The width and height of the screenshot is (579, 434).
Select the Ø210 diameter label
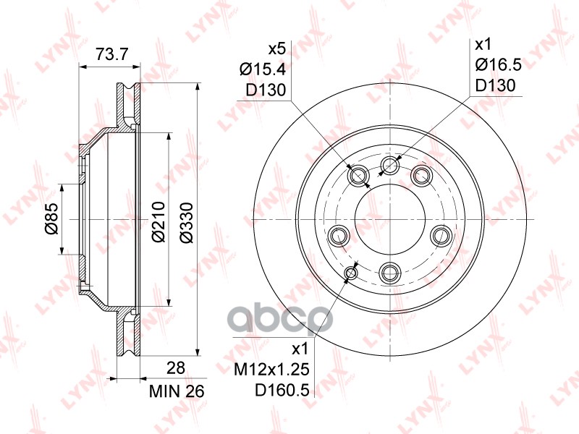(x=156, y=220)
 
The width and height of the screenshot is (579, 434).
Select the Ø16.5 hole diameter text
(x=499, y=66)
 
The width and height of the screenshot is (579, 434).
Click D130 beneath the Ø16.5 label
(x=495, y=85)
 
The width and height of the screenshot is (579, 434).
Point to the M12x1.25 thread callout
(x=274, y=370)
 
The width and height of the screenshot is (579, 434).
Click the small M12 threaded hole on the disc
(x=352, y=272)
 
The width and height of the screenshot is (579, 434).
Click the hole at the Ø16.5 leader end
(x=391, y=166)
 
